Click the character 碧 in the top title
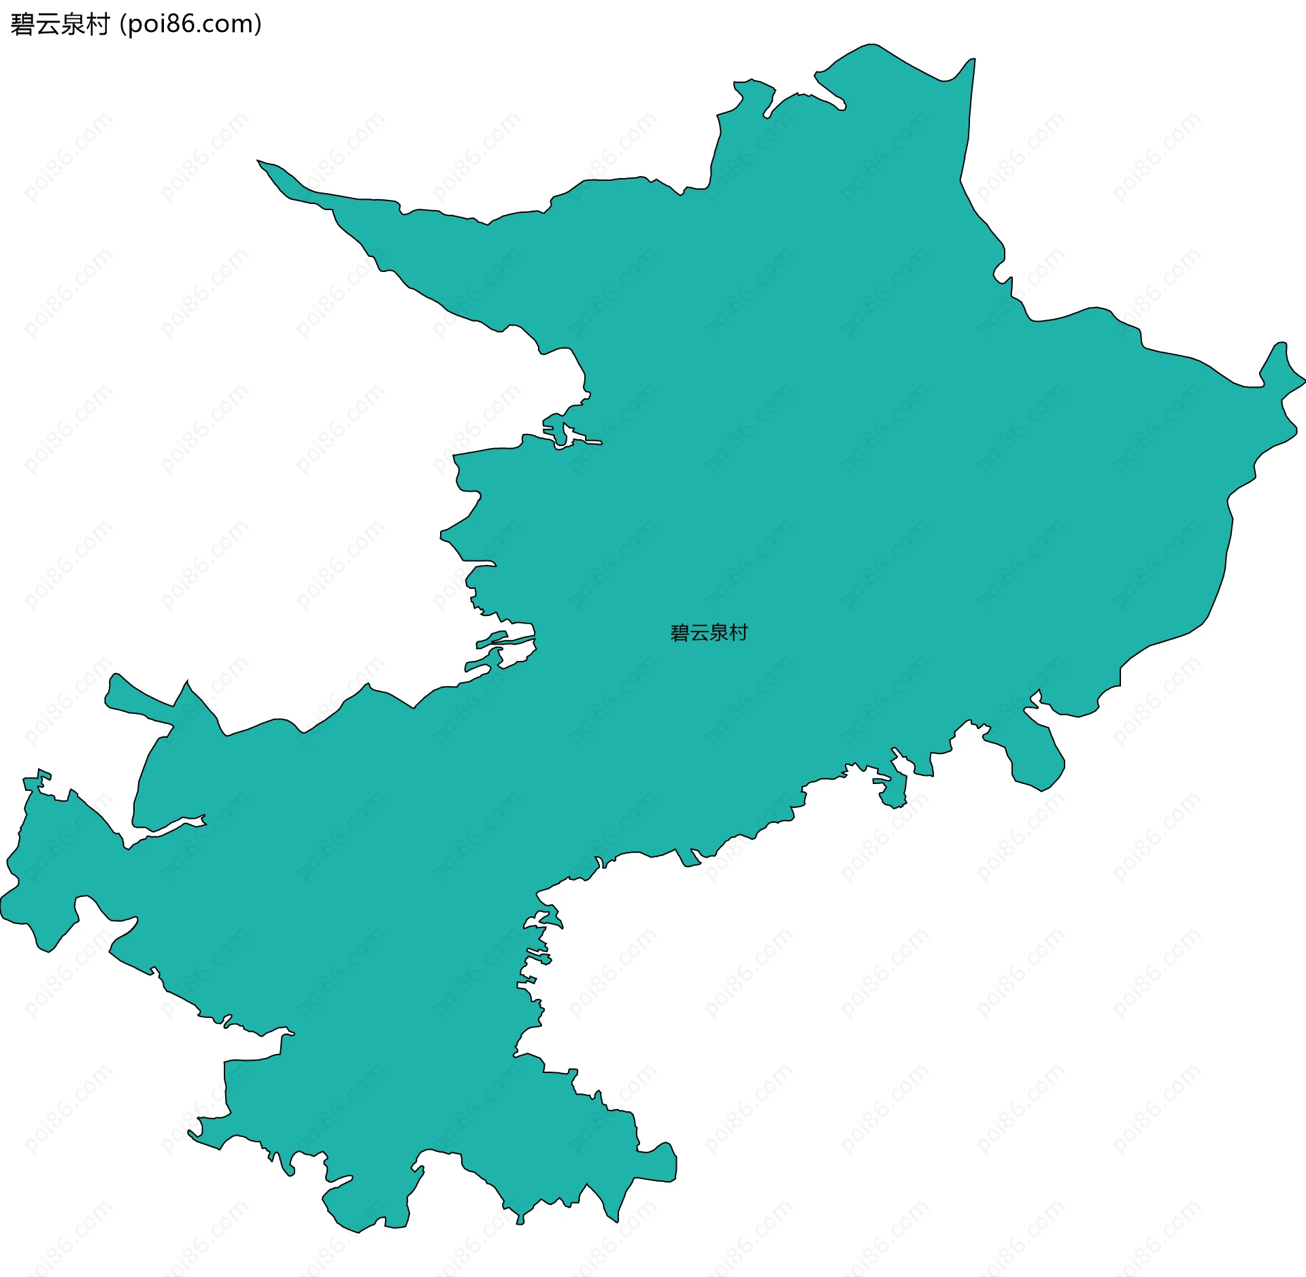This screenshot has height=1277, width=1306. pyautogui.click(x=22, y=24)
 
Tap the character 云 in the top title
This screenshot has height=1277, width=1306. pyautogui.click(x=48, y=24)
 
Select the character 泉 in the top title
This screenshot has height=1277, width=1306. pyautogui.click(x=73, y=24)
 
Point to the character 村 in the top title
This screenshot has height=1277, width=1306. pyautogui.click(x=98, y=24)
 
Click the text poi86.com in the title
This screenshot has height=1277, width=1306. pyautogui.click(x=190, y=24)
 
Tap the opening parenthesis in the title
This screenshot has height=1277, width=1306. pyautogui.click(x=122, y=25)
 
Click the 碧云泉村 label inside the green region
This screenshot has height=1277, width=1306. pyautogui.click(x=709, y=633)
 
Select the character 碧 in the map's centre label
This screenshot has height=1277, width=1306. pyautogui.click(x=680, y=633)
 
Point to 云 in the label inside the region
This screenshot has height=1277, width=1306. pyautogui.click(x=699, y=633)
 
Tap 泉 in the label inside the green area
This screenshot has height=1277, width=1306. pyautogui.click(x=719, y=633)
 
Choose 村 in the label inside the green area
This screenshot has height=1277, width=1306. pyautogui.click(x=738, y=633)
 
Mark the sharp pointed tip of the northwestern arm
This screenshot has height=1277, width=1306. pyautogui.click(x=258, y=161)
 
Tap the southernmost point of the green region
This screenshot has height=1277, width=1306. pyautogui.click(x=358, y=1231)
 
